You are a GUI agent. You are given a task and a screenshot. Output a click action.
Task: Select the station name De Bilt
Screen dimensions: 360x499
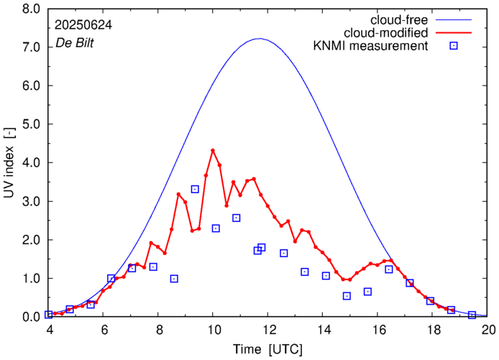[74, 43]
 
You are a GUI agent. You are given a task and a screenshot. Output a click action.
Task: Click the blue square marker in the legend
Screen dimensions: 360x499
[453, 47]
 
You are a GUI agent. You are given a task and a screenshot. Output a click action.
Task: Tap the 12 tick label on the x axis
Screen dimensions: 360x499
[268, 330]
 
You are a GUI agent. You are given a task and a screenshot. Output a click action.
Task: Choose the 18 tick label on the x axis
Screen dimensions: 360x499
[433, 330]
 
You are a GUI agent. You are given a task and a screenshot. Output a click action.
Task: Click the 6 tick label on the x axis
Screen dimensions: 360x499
[104, 330]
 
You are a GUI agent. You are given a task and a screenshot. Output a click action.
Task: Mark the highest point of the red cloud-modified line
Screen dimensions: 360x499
[213, 150]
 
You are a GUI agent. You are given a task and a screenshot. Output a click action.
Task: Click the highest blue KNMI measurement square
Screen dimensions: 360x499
[195, 189]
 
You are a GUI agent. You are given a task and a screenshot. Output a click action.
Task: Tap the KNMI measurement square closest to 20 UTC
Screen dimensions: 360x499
[472, 315]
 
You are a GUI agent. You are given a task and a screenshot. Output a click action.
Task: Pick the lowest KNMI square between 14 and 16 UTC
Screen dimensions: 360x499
[347, 296]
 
